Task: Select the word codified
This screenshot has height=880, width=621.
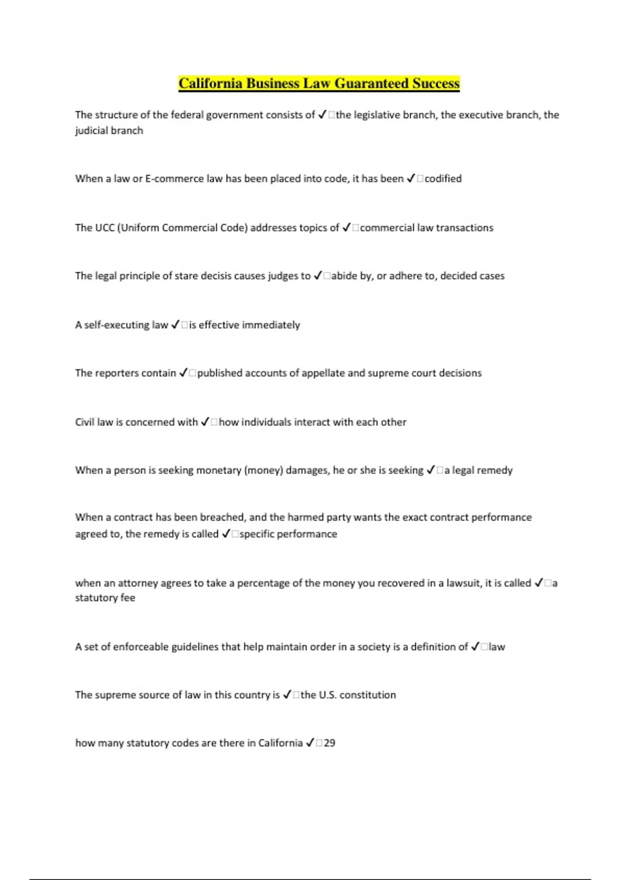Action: click(x=443, y=179)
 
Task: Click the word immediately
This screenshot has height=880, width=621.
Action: click(x=271, y=325)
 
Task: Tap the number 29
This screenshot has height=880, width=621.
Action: click(x=330, y=743)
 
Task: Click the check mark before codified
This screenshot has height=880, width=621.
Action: click(x=411, y=179)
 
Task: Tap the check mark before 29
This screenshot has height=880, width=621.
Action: click(x=310, y=743)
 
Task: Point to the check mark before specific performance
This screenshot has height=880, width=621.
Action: click(x=226, y=534)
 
